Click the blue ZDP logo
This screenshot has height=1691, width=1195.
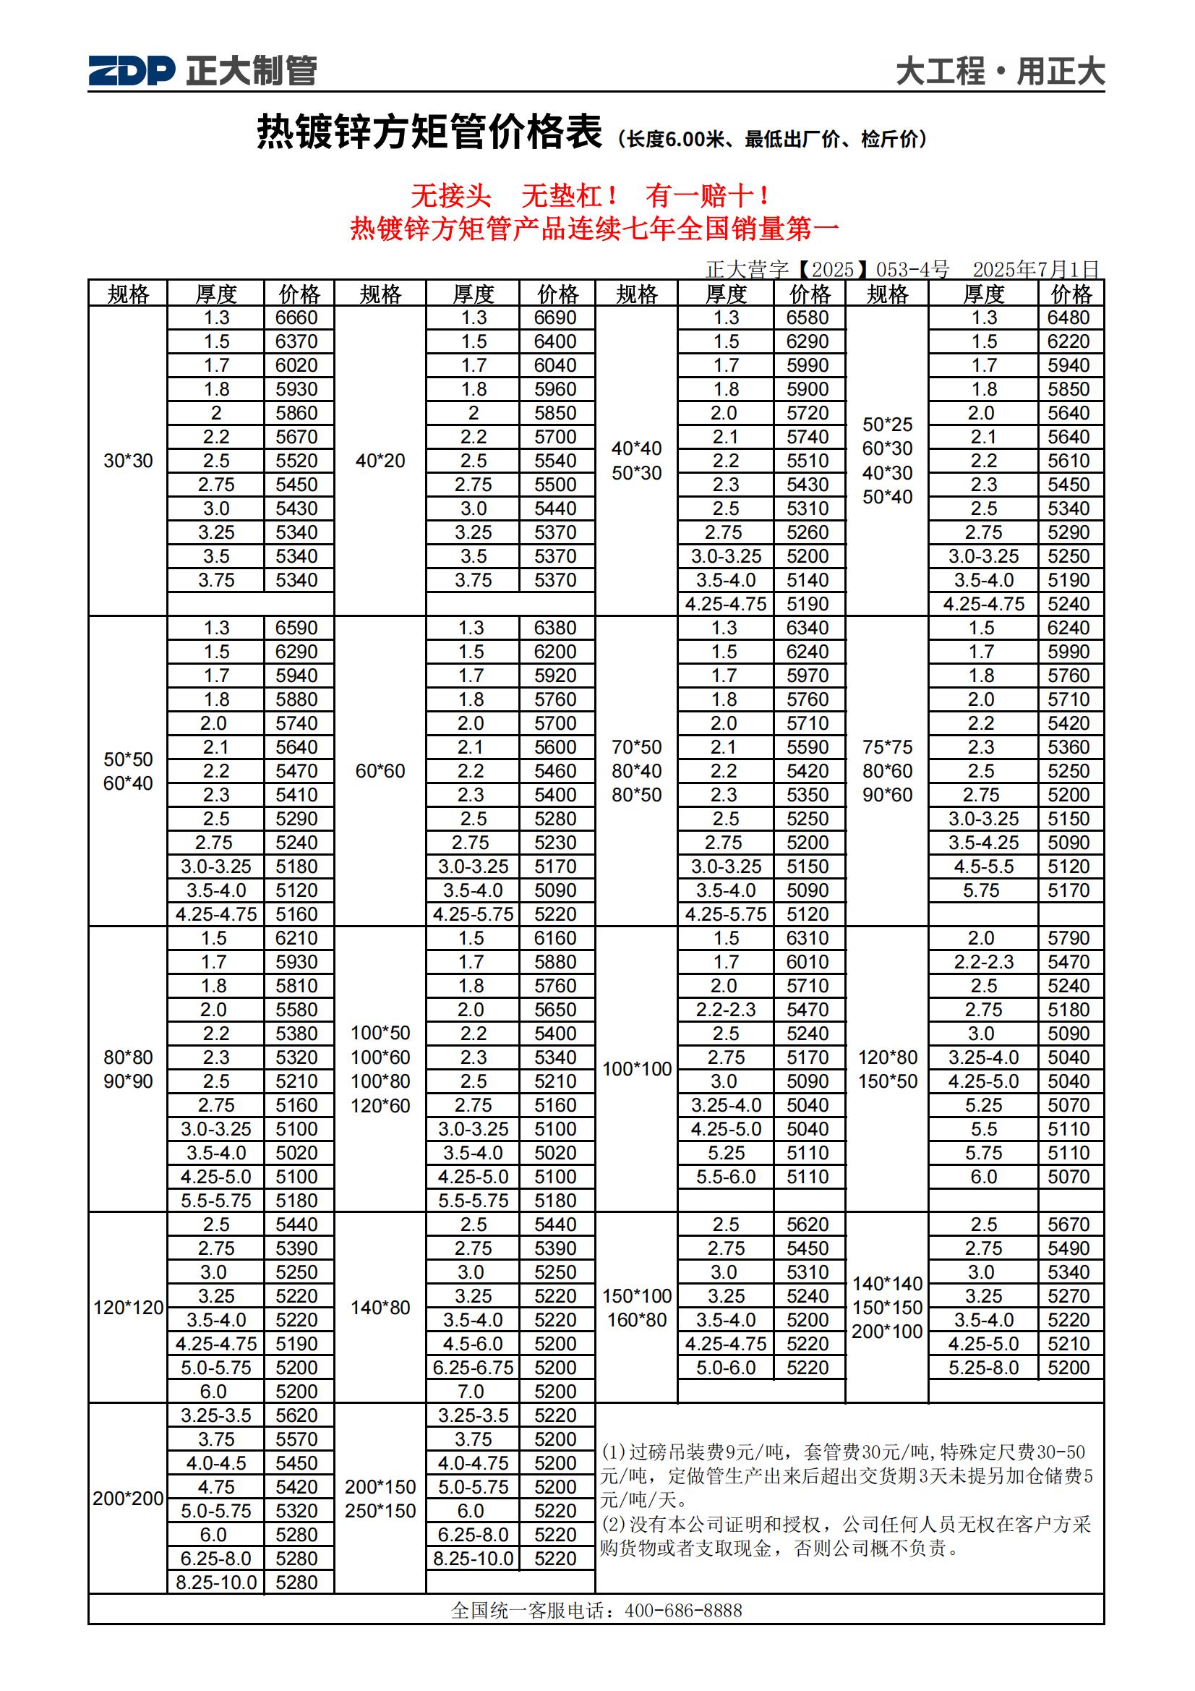point(132,71)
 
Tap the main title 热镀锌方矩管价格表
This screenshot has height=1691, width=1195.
point(429,132)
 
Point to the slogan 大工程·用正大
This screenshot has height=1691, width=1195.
point(999,72)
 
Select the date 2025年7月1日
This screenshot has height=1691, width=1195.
point(1035,270)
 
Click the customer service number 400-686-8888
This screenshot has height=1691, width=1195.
point(682,1611)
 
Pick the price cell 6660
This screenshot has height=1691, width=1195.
point(296,318)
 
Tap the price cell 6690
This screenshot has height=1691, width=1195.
point(555,318)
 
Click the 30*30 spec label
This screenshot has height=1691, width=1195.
point(128,461)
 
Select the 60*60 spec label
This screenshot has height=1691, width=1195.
point(380,771)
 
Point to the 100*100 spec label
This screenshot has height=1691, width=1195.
point(637,1069)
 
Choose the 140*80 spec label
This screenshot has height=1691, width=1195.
point(380,1307)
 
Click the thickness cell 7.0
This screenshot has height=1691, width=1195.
point(471,1392)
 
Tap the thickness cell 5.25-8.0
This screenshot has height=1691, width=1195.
point(983,1368)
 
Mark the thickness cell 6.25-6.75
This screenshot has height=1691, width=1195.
point(473,1368)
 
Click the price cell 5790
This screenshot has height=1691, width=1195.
point(1068,938)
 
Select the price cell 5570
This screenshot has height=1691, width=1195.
point(296,1439)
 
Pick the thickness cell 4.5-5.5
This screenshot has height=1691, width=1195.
point(983,866)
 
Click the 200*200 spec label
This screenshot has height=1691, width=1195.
point(128,1499)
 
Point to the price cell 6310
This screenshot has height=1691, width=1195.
point(808,938)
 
